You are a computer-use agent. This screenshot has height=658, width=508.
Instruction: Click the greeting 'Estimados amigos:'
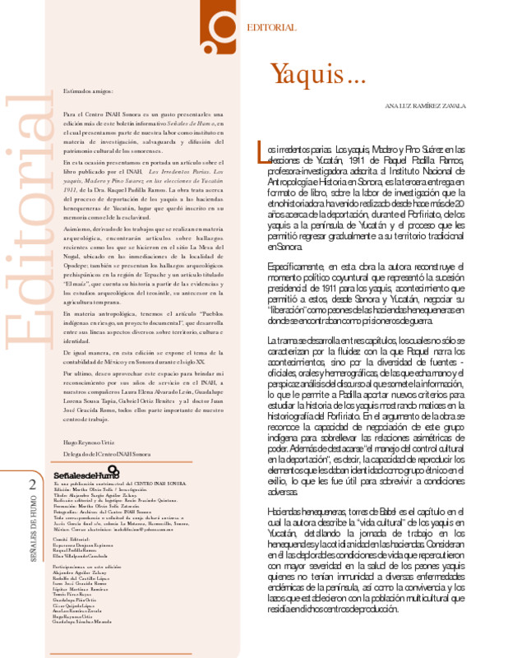pyautogui.click(x=86, y=91)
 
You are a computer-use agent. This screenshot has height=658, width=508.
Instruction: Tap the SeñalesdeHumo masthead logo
pyautogui.click(x=85, y=475)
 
